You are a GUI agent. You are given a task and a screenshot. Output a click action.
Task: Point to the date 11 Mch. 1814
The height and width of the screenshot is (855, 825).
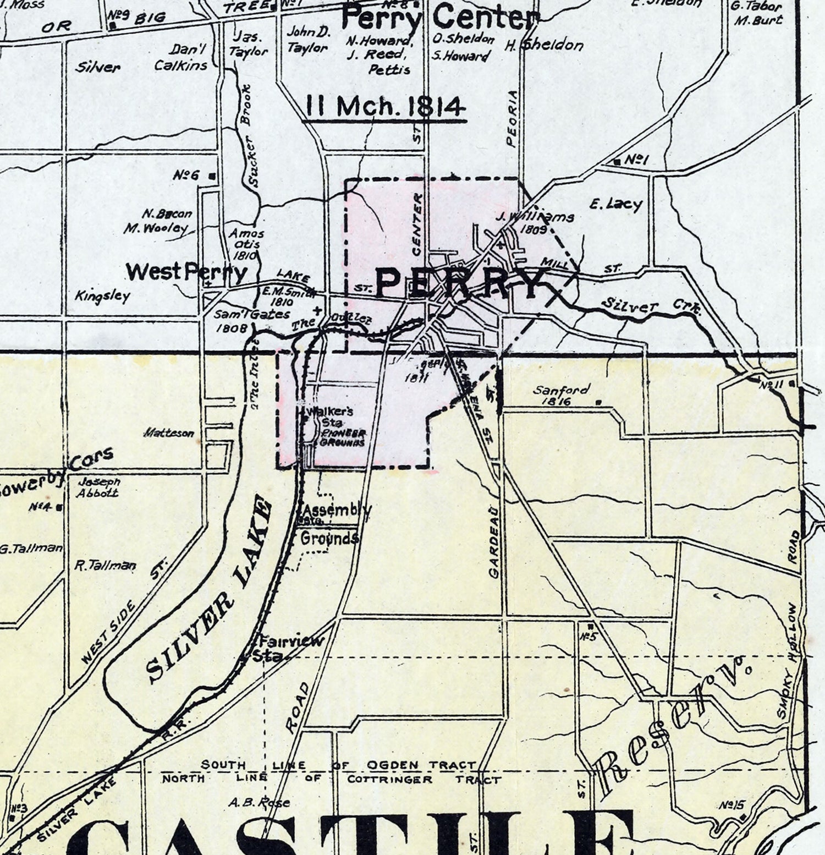384,107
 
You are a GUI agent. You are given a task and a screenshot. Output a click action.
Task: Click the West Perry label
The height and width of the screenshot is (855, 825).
186,272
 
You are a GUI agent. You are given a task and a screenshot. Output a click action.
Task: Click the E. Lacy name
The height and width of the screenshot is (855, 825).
615,205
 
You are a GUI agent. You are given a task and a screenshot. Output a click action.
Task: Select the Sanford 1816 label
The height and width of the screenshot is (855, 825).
561,394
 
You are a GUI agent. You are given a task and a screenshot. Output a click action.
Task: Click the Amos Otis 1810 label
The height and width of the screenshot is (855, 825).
246,244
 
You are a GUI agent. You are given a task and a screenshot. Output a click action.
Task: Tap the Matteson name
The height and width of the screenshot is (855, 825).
169,433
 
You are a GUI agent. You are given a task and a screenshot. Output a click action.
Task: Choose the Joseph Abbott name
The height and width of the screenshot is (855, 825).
99,487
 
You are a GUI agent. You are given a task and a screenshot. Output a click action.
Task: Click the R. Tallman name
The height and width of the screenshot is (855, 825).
105,566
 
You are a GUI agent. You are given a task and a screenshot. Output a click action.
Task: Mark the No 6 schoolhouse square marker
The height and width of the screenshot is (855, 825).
212,176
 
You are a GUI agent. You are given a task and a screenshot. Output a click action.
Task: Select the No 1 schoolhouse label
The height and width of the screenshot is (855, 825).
632,160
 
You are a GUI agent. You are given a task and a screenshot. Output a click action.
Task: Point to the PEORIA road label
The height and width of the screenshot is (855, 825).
512,118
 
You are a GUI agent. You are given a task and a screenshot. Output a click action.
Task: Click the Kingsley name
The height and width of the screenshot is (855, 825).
103,297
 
